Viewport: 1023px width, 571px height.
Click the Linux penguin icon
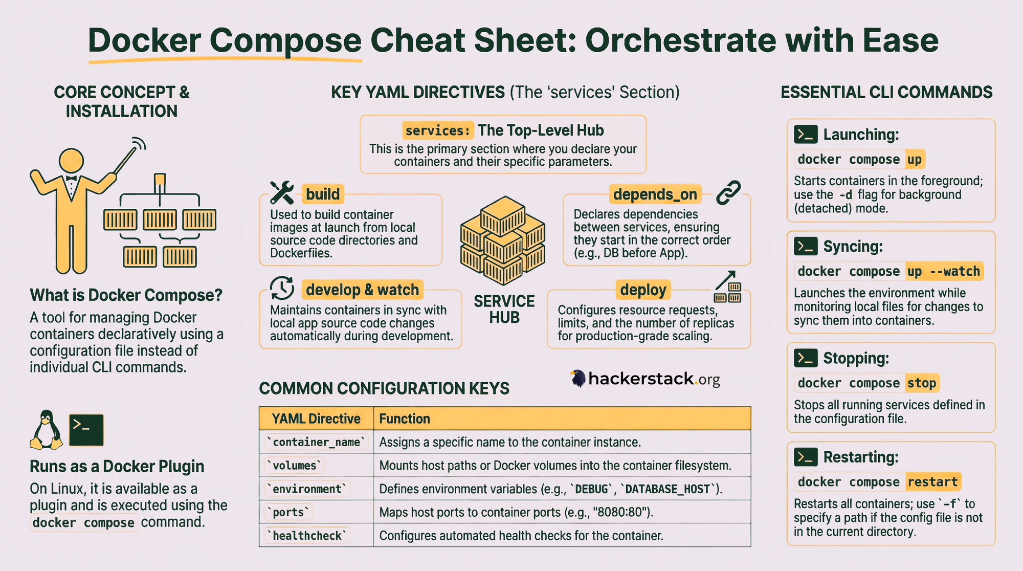(x=47, y=430)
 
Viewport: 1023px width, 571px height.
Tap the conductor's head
(x=72, y=161)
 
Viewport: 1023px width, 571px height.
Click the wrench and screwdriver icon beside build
(x=282, y=192)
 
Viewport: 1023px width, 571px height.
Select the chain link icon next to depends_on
(x=728, y=192)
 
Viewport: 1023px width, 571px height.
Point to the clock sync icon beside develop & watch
(x=282, y=288)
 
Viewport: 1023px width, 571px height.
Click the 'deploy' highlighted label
(x=643, y=290)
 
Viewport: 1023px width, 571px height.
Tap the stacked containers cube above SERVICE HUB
(x=503, y=240)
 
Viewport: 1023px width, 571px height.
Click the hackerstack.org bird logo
(x=578, y=379)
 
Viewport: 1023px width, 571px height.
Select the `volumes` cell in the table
(x=295, y=466)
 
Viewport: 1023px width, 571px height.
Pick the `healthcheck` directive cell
(x=307, y=536)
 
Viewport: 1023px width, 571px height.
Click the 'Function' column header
(x=405, y=419)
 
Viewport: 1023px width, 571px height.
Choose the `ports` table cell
(x=288, y=512)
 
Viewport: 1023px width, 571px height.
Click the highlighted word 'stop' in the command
(x=922, y=383)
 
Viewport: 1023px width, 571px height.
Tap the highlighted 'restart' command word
(x=933, y=481)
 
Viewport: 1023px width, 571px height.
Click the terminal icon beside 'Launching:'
(x=806, y=135)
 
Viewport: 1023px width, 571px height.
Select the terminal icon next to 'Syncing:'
(x=806, y=246)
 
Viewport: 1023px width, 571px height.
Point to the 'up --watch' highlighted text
(x=944, y=271)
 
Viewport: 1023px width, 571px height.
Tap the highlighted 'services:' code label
(x=437, y=130)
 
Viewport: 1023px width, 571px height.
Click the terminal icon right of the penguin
(x=86, y=430)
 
